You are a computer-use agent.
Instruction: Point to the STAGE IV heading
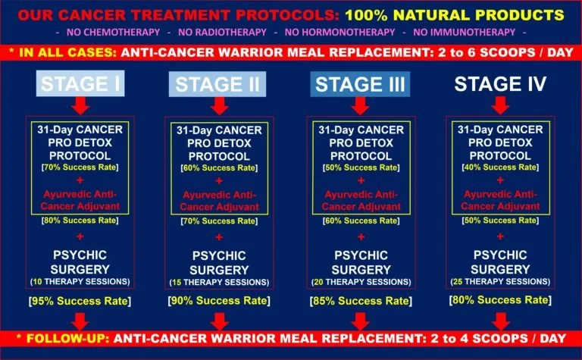pos(502,84)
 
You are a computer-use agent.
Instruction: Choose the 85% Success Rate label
pos(361,300)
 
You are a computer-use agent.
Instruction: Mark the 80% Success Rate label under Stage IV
pos(500,300)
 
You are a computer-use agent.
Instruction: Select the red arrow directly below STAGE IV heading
pos(502,105)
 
